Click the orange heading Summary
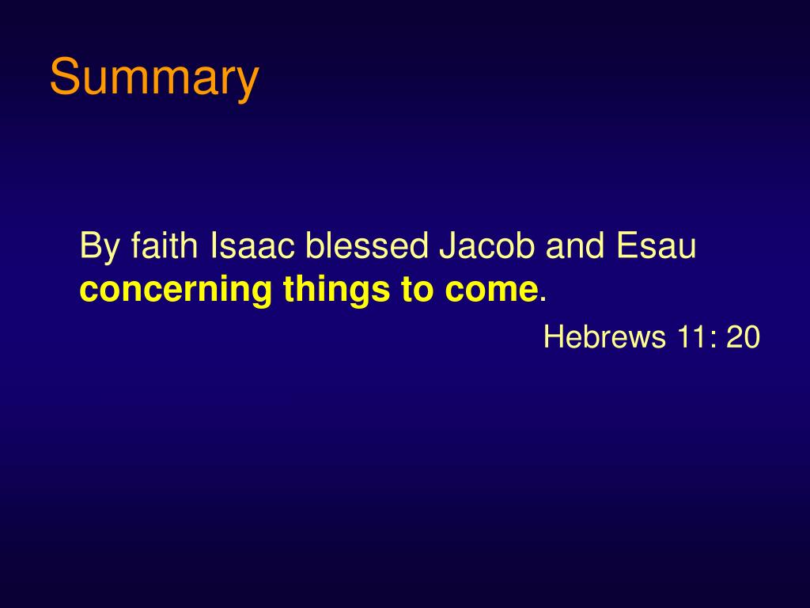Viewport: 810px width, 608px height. [154, 78]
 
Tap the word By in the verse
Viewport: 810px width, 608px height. [97, 247]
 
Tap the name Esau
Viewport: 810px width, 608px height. [656, 246]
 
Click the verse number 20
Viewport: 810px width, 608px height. [744, 337]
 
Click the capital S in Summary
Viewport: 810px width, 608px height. [62, 78]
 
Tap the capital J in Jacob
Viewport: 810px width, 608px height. [445, 246]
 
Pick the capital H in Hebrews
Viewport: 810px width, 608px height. [553, 337]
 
